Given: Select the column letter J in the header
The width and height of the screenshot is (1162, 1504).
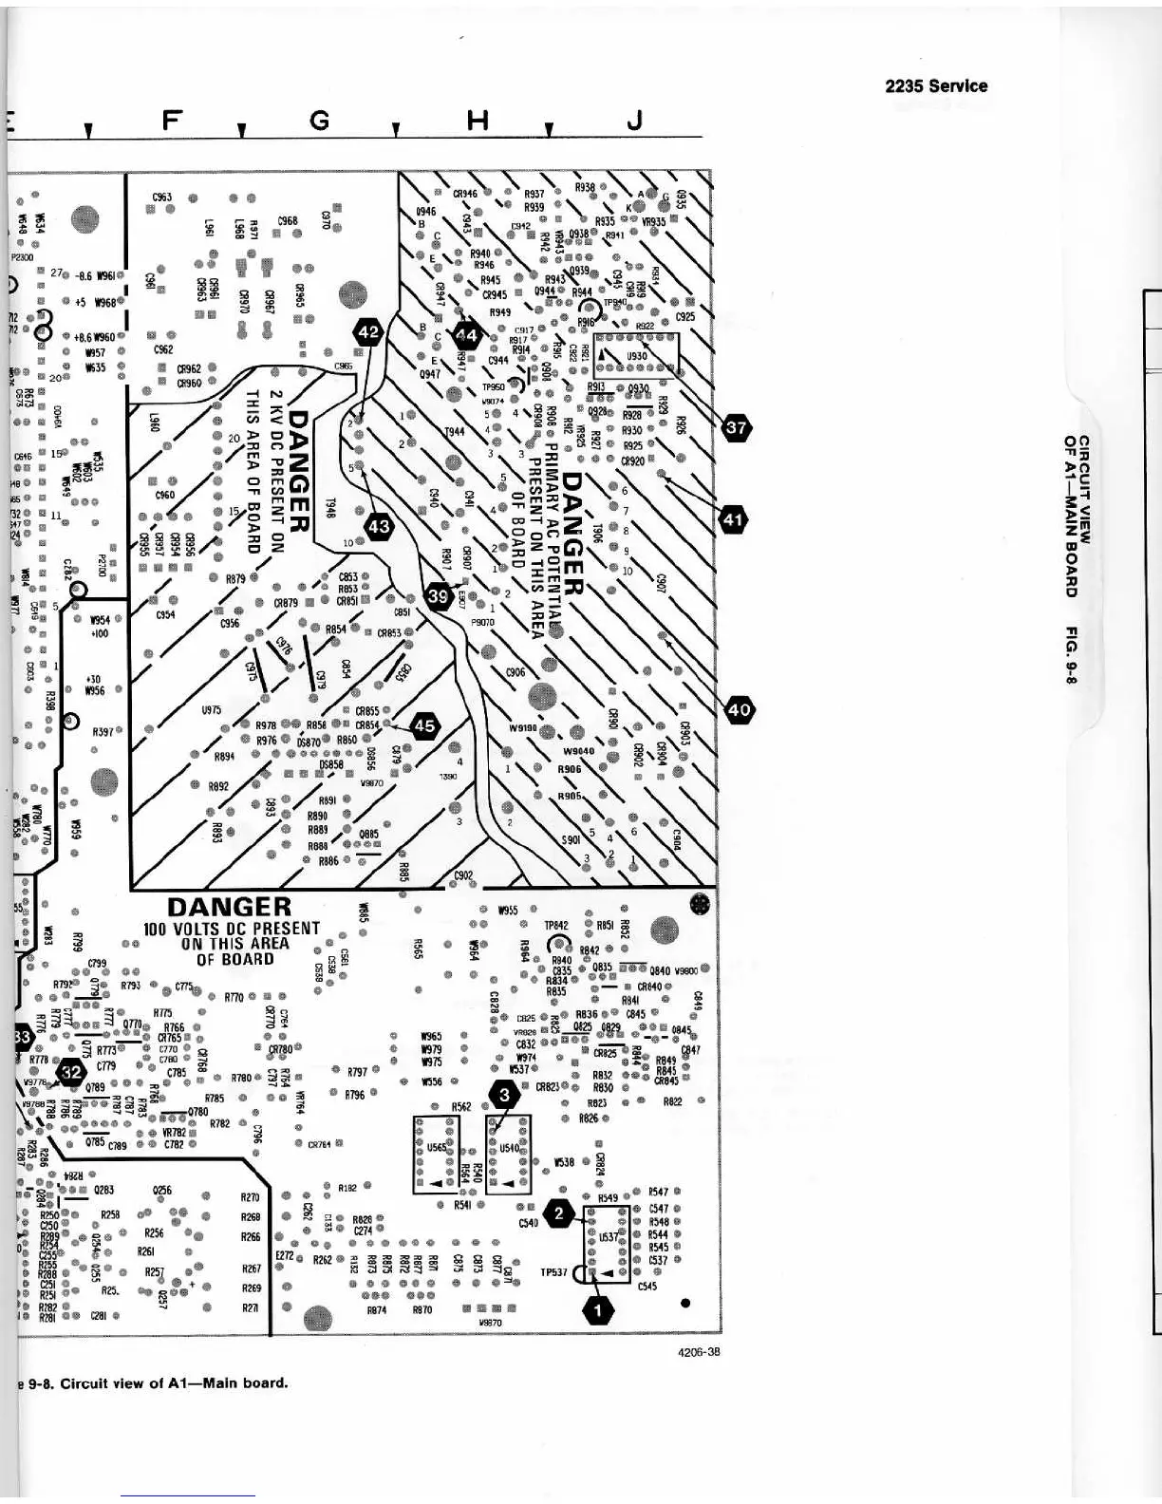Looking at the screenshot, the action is click(x=635, y=120).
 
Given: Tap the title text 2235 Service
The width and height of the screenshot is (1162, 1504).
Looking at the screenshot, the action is click(x=935, y=86).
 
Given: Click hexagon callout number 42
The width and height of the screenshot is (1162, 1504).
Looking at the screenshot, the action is click(x=368, y=332).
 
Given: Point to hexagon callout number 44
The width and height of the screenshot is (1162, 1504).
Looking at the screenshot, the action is click(x=467, y=335).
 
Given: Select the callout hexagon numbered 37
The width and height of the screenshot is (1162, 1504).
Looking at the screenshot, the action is click(x=737, y=428).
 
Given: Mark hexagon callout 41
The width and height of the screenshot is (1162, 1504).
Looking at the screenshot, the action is click(x=734, y=519).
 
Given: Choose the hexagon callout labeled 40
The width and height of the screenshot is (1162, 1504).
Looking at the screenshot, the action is click(x=740, y=708).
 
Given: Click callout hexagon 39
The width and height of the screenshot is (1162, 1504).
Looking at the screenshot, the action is click(x=439, y=596).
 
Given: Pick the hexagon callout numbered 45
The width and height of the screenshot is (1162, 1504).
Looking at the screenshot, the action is click(x=424, y=726).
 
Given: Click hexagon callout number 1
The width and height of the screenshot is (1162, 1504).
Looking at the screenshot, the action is click(x=598, y=1310).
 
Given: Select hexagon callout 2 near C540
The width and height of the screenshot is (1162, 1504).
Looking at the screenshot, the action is click(x=559, y=1213).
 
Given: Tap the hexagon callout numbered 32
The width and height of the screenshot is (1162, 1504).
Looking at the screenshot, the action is click(x=71, y=1073).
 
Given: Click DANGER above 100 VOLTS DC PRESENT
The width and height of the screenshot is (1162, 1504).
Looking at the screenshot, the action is click(x=229, y=907).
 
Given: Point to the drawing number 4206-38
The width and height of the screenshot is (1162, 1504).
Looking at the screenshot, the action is click(x=699, y=1351).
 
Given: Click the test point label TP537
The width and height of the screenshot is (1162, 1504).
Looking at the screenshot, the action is click(x=554, y=1273).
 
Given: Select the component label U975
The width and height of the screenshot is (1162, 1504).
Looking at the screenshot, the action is click(x=212, y=709).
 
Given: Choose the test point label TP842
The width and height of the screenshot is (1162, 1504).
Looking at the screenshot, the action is click(x=555, y=925).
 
